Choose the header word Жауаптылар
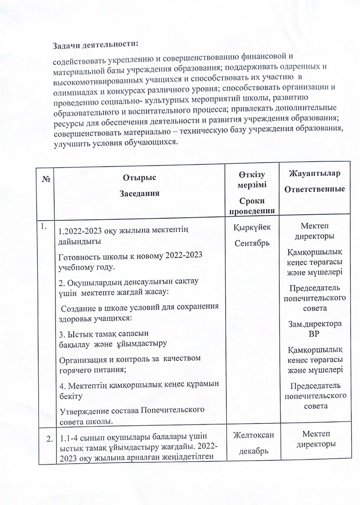click(x=315, y=174)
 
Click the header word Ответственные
click(x=315, y=190)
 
